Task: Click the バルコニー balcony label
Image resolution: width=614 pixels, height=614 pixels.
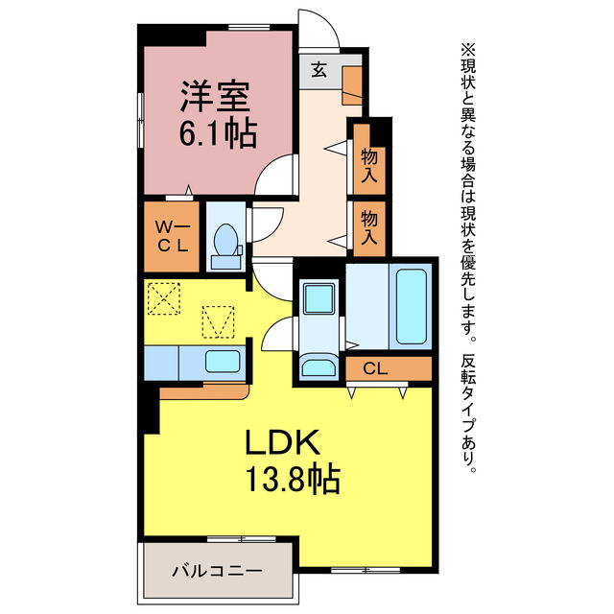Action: pos(217,571)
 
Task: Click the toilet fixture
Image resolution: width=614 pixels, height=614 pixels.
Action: pos(226,243)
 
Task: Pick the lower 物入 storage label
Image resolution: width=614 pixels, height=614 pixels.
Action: pos(369,227)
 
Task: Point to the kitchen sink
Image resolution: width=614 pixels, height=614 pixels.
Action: pos(223,362)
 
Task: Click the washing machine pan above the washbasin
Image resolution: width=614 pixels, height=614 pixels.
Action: pos(317,298)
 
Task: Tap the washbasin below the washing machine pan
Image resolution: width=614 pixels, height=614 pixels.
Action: pos(317,366)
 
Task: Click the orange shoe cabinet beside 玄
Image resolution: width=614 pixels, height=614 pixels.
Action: pos(352,84)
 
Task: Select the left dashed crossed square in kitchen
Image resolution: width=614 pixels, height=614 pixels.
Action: pos(164,298)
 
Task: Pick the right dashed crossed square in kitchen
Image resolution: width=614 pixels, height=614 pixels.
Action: pos(218,320)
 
